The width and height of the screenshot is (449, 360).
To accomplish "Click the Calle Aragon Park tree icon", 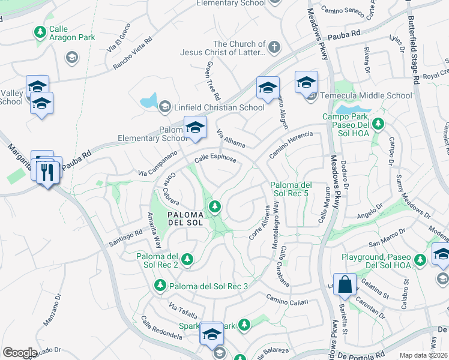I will [40, 31].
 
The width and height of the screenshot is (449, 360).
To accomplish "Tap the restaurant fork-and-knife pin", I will [47, 172].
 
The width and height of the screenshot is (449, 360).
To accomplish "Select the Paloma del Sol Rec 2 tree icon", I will [187, 259].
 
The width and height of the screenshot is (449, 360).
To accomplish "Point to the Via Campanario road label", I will [158, 164].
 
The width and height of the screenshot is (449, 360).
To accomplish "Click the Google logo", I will [20, 352].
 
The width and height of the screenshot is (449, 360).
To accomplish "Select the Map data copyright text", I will [424, 355].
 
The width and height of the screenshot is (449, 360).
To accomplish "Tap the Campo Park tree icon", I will [378, 124].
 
